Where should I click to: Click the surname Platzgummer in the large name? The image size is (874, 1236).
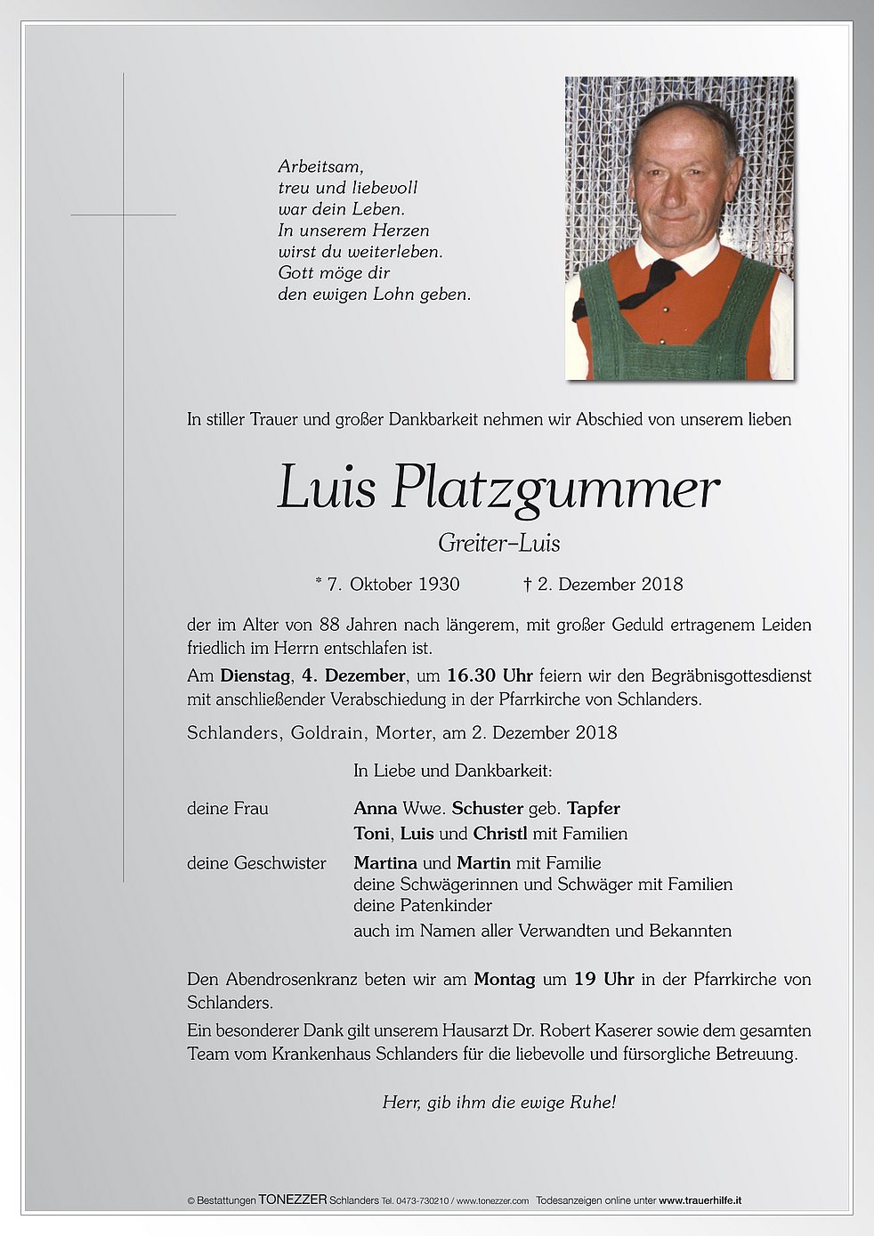(554, 489)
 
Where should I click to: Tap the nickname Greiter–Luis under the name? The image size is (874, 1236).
(499, 543)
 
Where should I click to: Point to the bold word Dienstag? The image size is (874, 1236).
(255, 676)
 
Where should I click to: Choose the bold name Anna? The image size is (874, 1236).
(376, 809)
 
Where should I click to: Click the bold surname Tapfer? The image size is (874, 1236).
(593, 809)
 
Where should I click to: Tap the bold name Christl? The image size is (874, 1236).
(500, 834)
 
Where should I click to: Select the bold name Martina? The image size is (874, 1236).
(385, 863)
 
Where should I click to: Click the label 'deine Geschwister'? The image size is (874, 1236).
(256, 863)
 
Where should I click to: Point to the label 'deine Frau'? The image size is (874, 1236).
(228, 809)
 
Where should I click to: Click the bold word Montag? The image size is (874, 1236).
(504, 980)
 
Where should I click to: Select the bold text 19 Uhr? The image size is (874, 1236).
(603, 980)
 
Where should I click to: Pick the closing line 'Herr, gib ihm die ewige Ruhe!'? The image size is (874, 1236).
(498, 1103)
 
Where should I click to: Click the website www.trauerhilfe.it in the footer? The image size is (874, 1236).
(700, 1200)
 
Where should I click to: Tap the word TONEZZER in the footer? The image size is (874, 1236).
(293, 1200)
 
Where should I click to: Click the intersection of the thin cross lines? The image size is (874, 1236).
(123, 215)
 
